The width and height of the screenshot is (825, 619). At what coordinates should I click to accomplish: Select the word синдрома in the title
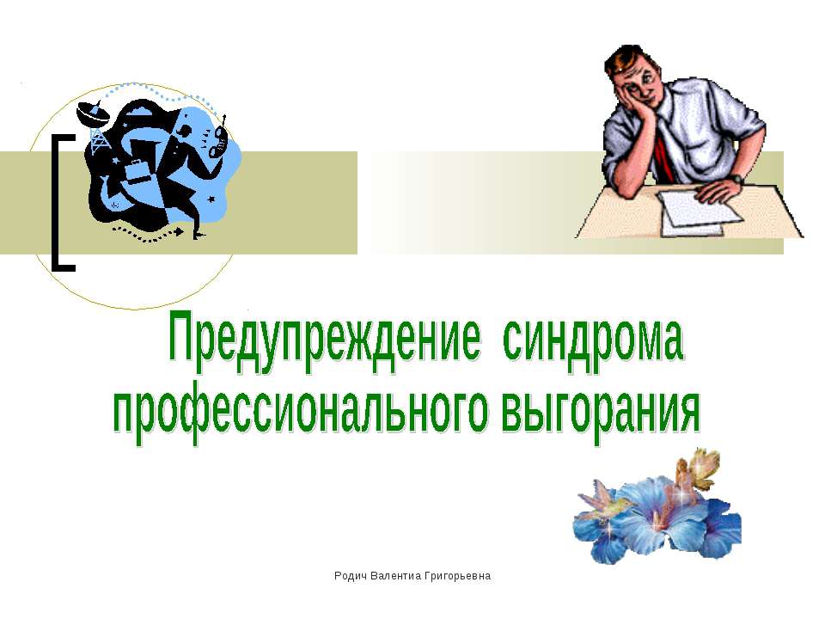tap(594, 343)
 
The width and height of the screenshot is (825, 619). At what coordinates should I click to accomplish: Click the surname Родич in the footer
tap(350, 574)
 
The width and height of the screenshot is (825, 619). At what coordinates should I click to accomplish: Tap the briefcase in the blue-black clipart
tap(137, 172)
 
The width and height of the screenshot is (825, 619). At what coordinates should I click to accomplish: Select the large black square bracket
tap(62, 203)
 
